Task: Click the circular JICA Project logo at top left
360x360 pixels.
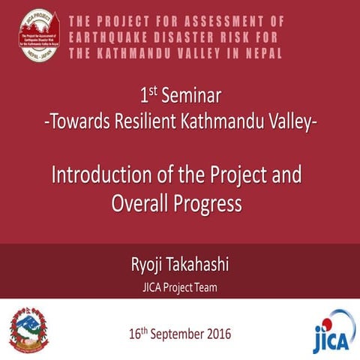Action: point(38,35)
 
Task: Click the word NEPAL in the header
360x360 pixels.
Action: point(258,54)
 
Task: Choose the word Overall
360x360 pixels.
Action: point(139,202)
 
